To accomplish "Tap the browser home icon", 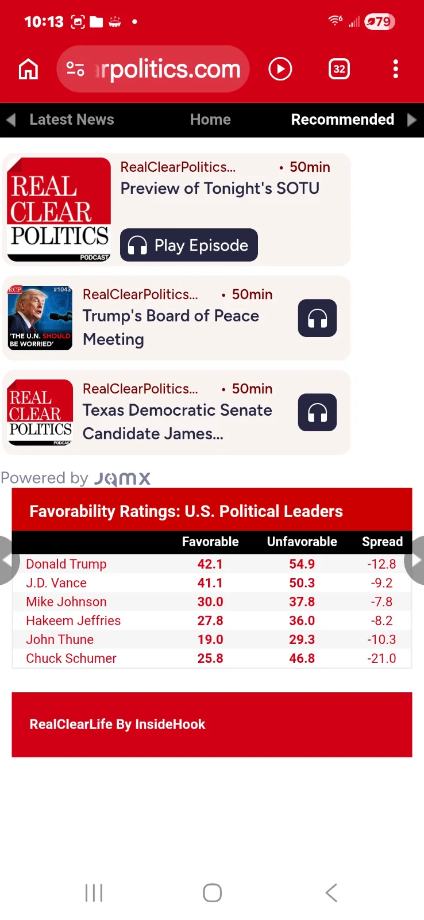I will pos(28,70).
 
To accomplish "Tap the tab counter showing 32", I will pos(339,70).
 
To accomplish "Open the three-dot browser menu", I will pos(395,69).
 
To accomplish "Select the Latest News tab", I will pos(71,120).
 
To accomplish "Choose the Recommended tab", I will pos(342,120).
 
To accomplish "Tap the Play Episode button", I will pos(188,246).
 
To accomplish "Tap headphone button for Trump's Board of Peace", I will pos(317,318).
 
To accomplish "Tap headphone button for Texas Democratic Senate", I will pos(317,412).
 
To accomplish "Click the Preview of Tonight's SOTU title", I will pos(219,189).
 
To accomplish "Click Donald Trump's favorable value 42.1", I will pos(210,564).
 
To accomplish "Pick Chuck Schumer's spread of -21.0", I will pos(381,658).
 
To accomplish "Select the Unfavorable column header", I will pos(302,542).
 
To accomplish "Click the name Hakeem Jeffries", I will pos(73,620).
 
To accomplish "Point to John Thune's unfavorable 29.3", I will pos(302,639).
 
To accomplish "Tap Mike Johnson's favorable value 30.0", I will pos(210,602).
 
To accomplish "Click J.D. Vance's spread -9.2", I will pos(381,583).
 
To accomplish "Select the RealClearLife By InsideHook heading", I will pos(117,724).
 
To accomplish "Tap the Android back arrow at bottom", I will pos(331,893).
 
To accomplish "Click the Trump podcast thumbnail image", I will pos(40,318).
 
